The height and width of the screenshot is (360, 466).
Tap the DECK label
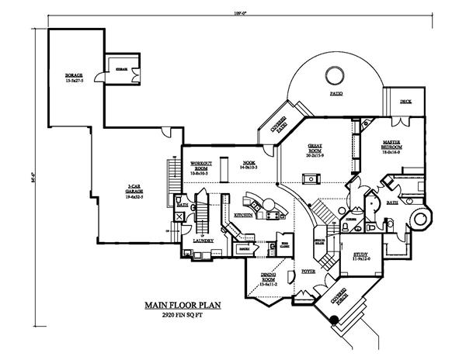click(x=405, y=102)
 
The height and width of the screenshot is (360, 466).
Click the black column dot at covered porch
click(x=334, y=319)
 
